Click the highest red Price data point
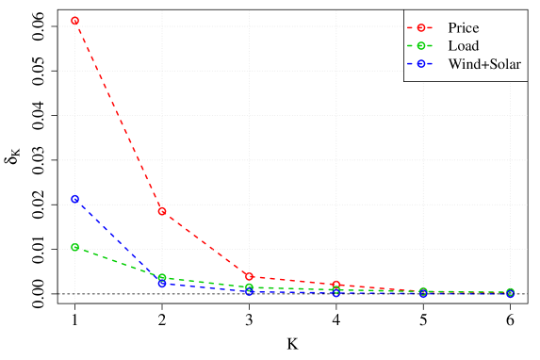click(x=74, y=20)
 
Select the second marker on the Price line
click(x=162, y=211)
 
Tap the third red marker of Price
click(x=249, y=277)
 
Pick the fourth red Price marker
click(x=336, y=285)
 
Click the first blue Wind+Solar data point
click(x=74, y=200)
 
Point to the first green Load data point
click(x=74, y=247)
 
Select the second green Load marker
click(x=162, y=278)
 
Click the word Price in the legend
click(x=463, y=27)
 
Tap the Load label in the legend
click(x=463, y=45)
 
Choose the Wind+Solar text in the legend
click(x=484, y=63)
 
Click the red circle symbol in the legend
click(x=422, y=27)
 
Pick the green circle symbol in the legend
click(x=422, y=45)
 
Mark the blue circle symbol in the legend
click(x=422, y=63)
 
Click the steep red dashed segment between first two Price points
click(x=118, y=115)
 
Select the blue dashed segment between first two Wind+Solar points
click(x=118, y=241)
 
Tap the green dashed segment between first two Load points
click(x=118, y=263)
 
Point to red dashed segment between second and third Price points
click(x=205, y=244)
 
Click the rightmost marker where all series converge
click(x=511, y=293)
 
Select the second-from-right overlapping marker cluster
click(x=423, y=292)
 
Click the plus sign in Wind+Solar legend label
click(x=482, y=63)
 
